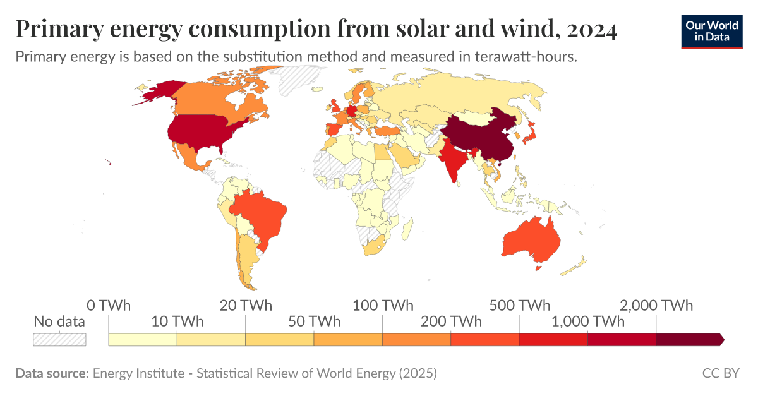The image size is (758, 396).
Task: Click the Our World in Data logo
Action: tap(712, 31)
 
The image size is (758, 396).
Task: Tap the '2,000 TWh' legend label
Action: tap(656, 306)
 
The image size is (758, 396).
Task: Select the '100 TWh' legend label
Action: tap(382, 306)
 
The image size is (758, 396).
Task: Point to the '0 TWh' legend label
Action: tap(109, 306)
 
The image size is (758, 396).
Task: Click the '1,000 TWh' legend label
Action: tap(587, 321)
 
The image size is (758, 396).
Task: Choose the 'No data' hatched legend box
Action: tap(59, 340)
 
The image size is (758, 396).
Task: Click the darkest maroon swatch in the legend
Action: tap(689, 340)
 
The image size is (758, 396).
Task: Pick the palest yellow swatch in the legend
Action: tap(143, 340)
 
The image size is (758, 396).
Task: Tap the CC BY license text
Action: tap(720, 373)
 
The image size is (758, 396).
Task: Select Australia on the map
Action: tap(531, 240)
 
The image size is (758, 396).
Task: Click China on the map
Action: tap(480, 136)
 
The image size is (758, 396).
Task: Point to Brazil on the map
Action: tap(259, 215)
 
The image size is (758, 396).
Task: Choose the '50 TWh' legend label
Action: tap(314, 321)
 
